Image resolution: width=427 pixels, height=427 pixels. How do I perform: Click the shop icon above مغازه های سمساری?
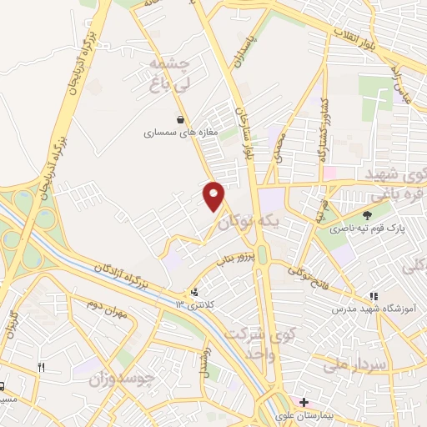[x=180, y=119]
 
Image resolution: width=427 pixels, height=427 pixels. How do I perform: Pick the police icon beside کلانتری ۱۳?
[x=195, y=292]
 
